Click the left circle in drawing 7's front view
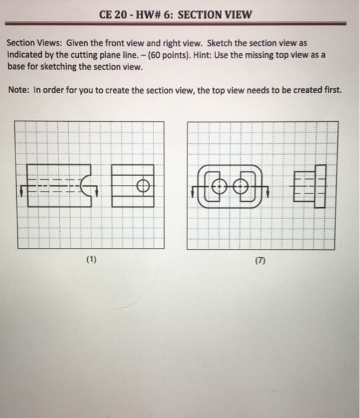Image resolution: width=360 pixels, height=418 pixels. (x=219, y=186)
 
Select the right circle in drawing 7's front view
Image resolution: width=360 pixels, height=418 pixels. (x=242, y=186)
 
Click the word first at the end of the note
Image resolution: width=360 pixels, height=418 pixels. (x=331, y=90)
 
